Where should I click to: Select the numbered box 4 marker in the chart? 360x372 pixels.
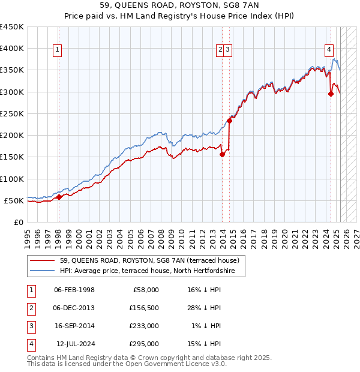[x=329, y=50]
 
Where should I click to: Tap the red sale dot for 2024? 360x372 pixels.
[x=331, y=94]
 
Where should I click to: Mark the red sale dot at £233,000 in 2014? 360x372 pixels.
[x=230, y=121]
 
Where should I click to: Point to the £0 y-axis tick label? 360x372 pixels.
[x=17, y=222]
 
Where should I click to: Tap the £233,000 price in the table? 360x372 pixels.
[x=144, y=326]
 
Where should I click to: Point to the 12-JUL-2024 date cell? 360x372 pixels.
[x=74, y=344]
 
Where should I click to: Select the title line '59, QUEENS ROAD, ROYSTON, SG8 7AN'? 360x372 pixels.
[x=180, y=7]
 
